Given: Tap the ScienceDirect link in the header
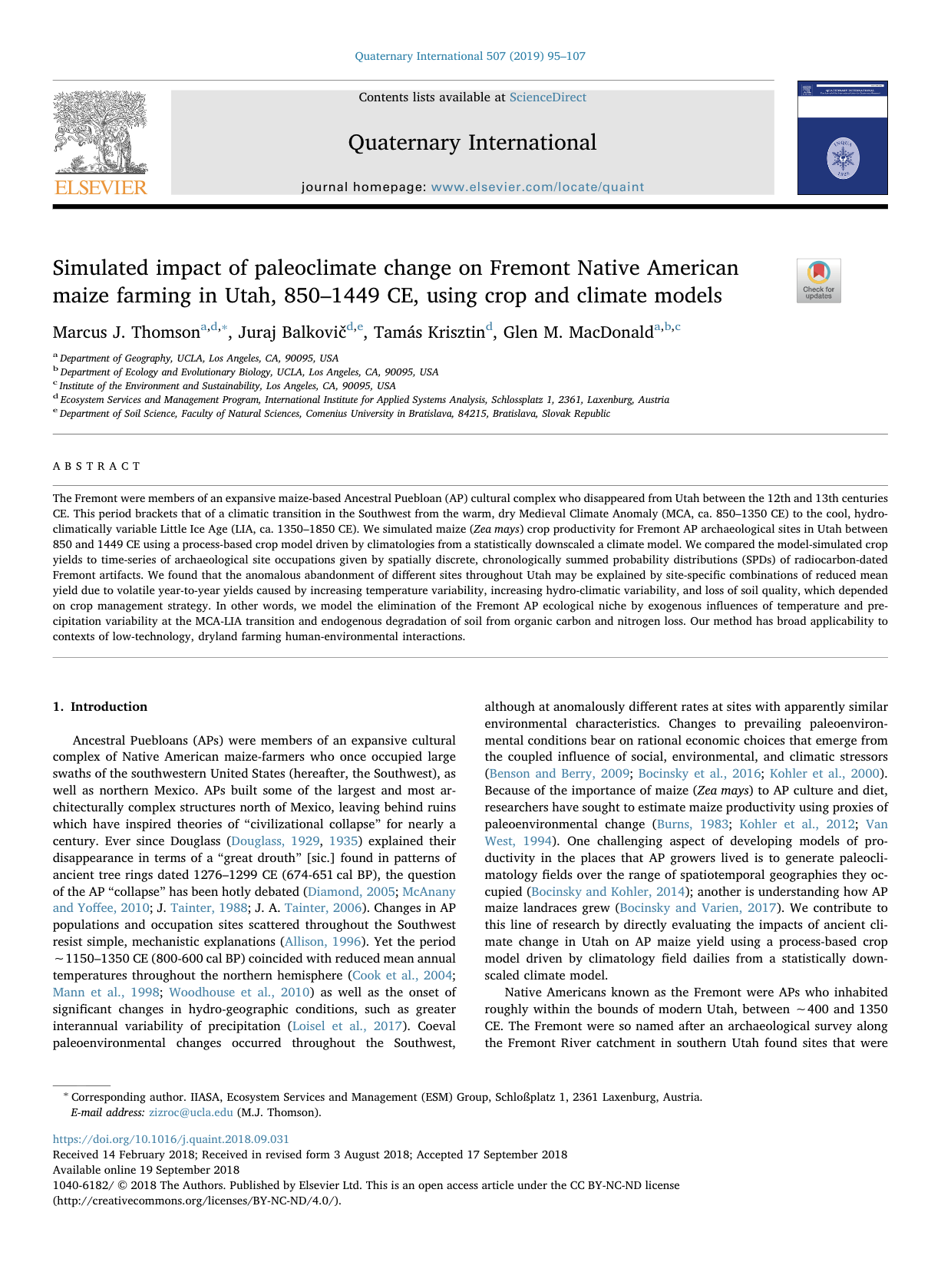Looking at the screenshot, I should click(547, 97).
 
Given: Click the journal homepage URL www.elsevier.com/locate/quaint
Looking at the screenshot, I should click(537, 187).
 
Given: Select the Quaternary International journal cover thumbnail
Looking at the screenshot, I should click(842, 138).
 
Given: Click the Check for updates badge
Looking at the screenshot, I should click(818, 281).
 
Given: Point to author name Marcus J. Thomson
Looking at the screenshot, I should click(126, 332).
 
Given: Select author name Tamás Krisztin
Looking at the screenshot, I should click(429, 332).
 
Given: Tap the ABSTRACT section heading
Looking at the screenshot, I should click(97, 467).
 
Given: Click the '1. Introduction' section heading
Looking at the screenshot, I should click(101, 707).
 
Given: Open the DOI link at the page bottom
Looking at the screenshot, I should click(171, 1140).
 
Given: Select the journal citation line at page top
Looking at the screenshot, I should click(470, 56).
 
